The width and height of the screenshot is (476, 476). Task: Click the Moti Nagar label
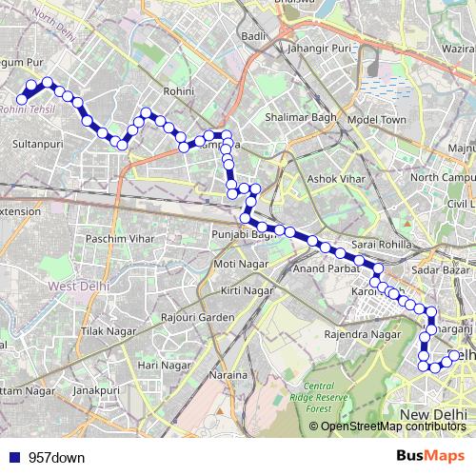click(237, 263)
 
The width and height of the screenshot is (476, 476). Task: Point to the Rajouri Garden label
click(197, 316)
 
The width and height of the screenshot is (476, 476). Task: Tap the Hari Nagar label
click(159, 365)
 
